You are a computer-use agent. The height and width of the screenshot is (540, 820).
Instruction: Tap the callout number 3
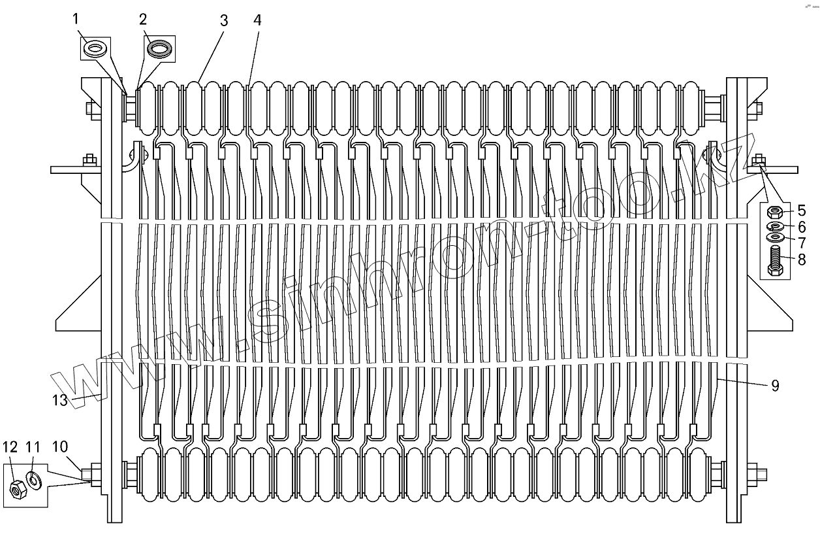click(224, 20)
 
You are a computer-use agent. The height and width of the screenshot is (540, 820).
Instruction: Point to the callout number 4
click(257, 20)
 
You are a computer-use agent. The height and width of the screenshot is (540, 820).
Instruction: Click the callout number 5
click(801, 211)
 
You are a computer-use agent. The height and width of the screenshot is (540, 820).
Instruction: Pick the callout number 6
click(801, 227)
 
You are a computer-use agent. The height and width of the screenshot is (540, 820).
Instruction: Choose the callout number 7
click(801, 243)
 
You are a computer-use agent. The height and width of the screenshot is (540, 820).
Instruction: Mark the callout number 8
click(801, 259)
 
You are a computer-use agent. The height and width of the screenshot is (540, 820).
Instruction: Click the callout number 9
click(775, 386)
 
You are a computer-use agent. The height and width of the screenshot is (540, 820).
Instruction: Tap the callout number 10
click(59, 447)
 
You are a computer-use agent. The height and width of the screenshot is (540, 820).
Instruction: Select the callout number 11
click(33, 447)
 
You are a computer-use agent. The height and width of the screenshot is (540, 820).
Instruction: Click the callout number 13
click(60, 400)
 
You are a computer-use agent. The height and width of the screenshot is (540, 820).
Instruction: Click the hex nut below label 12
click(17, 486)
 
